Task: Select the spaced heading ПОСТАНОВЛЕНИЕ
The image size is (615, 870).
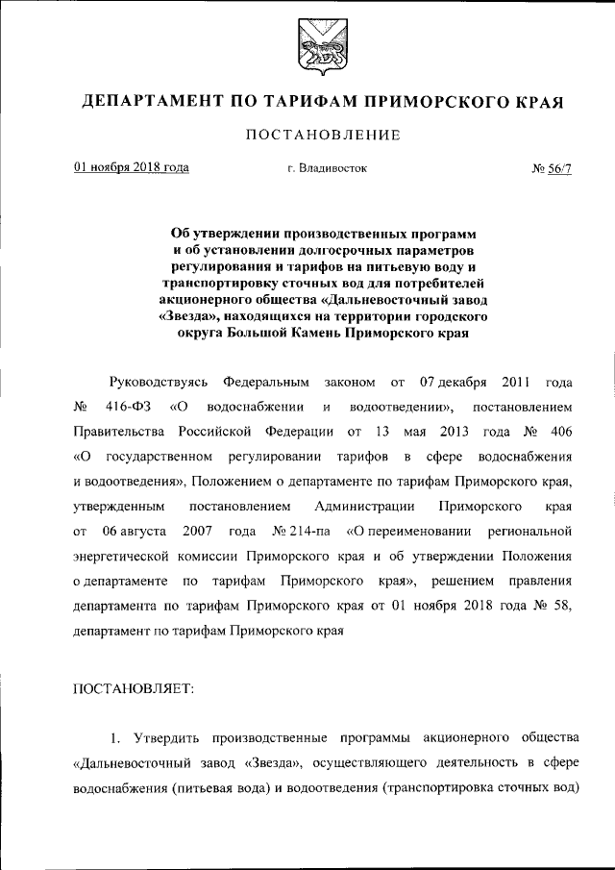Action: pyautogui.click(x=307, y=136)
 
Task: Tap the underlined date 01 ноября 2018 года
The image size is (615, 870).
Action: pyautogui.click(x=131, y=167)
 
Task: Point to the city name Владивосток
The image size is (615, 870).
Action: pyautogui.click(x=318, y=168)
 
